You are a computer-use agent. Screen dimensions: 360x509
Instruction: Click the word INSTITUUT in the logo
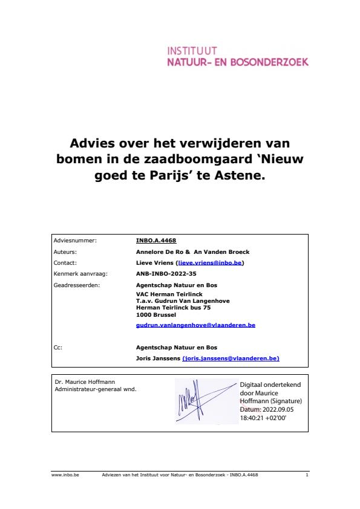pos(192,51)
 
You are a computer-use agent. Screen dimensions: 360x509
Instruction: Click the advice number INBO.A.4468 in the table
pos(156,241)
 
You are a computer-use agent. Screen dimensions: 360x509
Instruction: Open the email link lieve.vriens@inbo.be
pos(210,263)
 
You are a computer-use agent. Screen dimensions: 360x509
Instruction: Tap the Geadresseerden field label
pos(77,285)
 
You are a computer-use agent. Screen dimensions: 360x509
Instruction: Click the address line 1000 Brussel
pos(156,314)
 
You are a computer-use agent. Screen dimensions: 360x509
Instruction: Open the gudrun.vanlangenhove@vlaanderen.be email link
pos(195,325)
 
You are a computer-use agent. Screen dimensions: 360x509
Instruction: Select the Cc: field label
pos(58,348)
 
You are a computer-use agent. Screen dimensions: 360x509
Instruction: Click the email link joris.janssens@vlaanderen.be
pos(231,358)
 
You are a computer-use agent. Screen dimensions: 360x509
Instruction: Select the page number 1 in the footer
pos(307,475)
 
